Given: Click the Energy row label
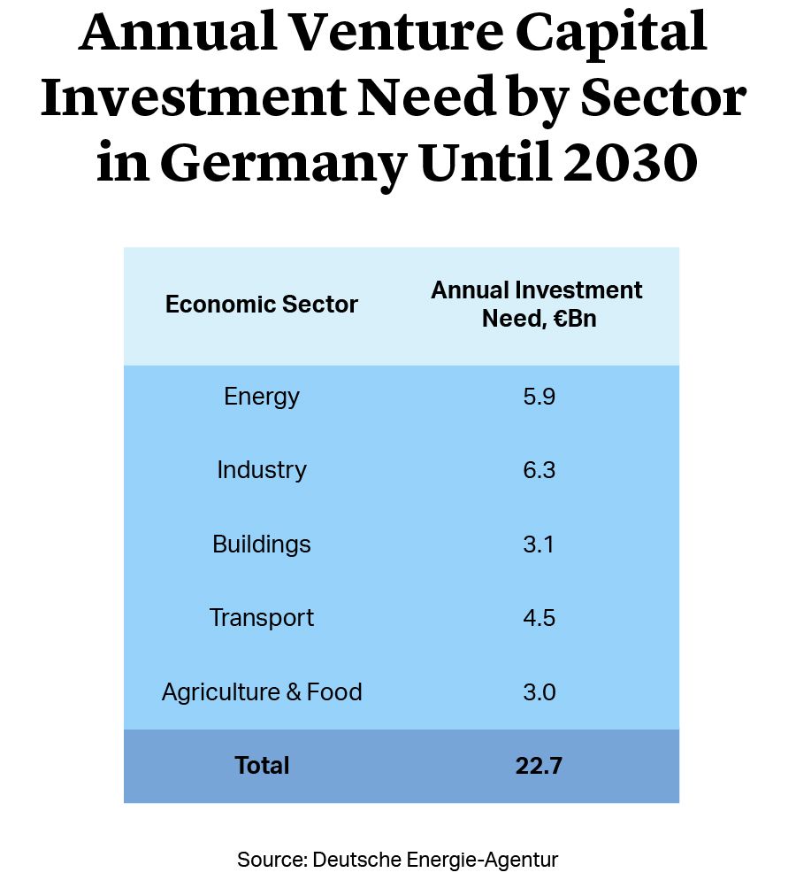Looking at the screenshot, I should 262,397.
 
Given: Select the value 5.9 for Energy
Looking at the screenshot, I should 539,397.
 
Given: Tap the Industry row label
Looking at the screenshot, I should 262,470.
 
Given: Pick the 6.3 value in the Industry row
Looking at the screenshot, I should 539,470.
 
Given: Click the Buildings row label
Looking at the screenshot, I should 262,544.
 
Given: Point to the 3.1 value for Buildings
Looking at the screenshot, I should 539,544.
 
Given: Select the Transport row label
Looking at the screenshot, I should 262,617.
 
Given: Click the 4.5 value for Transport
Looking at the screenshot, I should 539,617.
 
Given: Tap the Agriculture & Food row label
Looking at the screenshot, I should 262,691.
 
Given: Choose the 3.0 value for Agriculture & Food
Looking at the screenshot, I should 539,691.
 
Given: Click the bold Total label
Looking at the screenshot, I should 262,765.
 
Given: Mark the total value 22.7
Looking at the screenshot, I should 539,765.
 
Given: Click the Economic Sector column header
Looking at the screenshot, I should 262,305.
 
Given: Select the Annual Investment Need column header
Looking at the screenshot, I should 537,305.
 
